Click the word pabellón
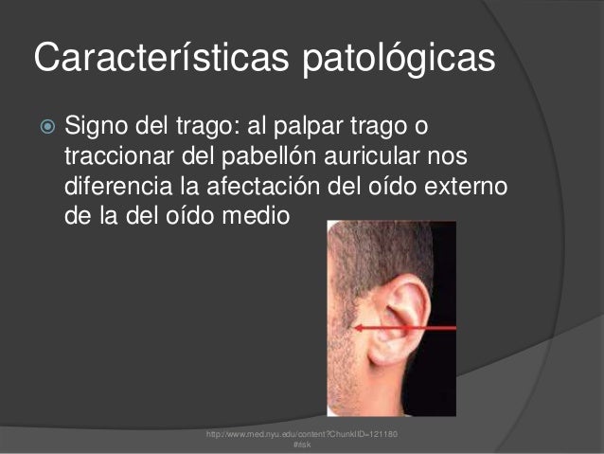coord(266,154)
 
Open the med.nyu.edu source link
coord(295,433)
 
